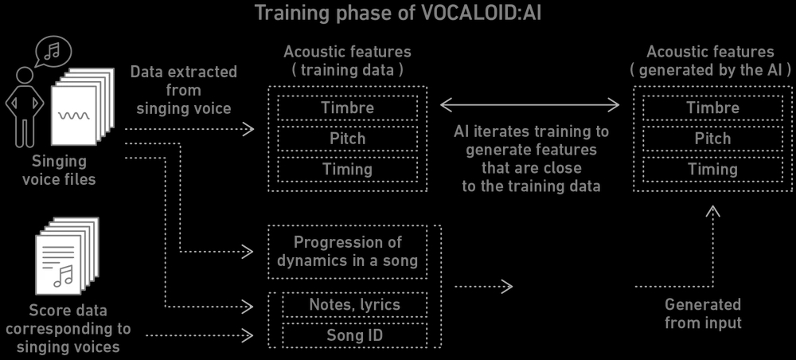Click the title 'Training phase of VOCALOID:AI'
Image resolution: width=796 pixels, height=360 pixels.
(397, 13)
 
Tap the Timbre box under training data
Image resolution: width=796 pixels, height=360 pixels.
(347, 108)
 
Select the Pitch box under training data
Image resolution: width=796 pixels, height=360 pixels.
(347, 139)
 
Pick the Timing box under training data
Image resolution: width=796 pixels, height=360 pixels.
(347, 169)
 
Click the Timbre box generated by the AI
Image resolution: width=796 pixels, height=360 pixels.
(712, 108)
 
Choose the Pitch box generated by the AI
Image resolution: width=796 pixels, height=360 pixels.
(712, 139)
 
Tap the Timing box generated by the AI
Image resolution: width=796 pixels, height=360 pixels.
(712, 169)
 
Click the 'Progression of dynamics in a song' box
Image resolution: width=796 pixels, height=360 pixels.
(347, 252)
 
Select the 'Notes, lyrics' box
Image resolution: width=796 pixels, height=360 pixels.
(354, 305)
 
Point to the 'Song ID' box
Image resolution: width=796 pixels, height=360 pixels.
(354, 335)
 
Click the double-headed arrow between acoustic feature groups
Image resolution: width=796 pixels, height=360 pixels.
(530, 105)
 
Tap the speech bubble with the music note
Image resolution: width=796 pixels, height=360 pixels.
(53, 52)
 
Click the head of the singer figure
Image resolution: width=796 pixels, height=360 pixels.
(24, 76)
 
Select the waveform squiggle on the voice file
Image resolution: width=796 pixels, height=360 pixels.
(74, 115)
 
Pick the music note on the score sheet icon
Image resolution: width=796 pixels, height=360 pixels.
(64, 276)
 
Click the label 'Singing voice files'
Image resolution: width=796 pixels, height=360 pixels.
(60, 170)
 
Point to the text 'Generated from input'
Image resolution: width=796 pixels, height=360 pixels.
(703, 313)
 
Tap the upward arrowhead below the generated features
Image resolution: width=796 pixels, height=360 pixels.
(713, 211)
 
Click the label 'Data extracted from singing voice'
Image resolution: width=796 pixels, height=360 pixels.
(184, 90)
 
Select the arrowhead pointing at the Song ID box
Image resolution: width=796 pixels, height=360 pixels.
(248, 335)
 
